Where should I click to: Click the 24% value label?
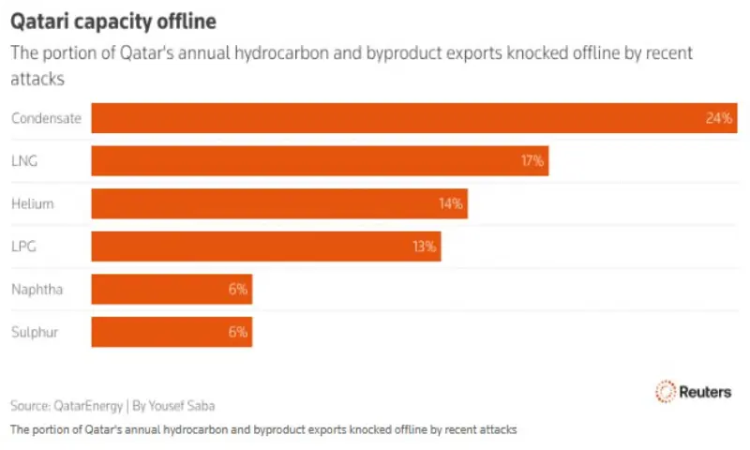click(x=718, y=118)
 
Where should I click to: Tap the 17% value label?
click(x=532, y=160)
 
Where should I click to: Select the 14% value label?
click(x=451, y=203)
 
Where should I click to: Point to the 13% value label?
click(x=424, y=247)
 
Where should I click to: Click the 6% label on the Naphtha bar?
click(x=236, y=290)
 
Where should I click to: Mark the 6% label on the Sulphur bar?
click(x=236, y=332)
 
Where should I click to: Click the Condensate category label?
click(x=46, y=118)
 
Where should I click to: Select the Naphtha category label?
click(x=37, y=290)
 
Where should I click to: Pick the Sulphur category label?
click(x=35, y=332)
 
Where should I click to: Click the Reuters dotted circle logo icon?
click(x=666, y=392)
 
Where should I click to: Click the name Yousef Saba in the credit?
click(x=187, y=406)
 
